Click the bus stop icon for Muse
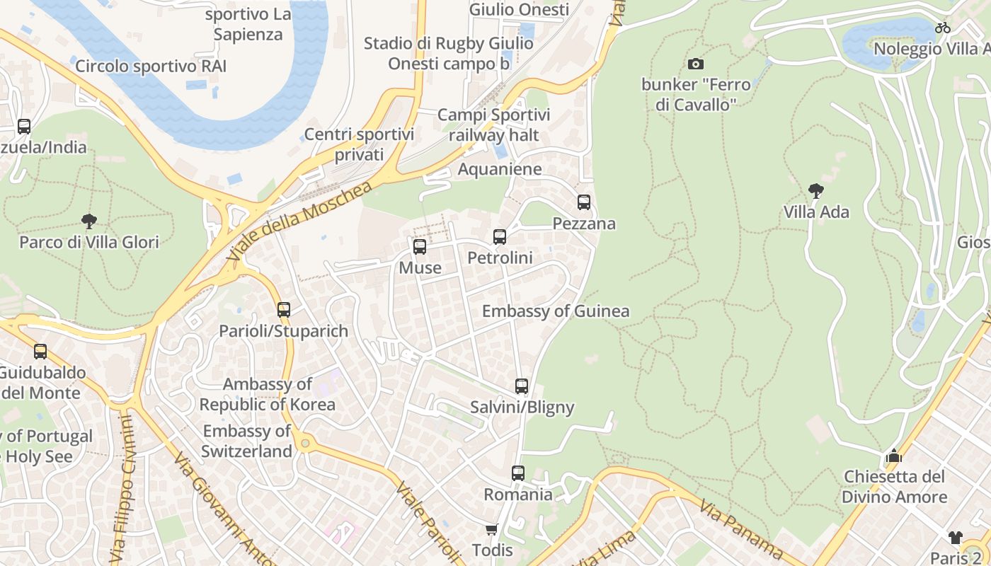(420, 247)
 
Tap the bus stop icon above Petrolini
(500, 237)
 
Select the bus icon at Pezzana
(584, 202)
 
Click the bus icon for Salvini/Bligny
(522, 386)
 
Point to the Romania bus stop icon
(518, 473)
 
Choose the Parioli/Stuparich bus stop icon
(284, 310)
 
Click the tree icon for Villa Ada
(815, 191)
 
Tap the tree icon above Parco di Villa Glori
(89, 221)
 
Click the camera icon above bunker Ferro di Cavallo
(696, 64)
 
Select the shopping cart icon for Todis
(492, 529)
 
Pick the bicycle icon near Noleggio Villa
(942, 28)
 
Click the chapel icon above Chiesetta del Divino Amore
(893, 456)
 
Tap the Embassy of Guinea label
(556, 311)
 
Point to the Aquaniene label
(500, 169)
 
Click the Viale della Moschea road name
(300, 224)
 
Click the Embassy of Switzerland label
(247, 441)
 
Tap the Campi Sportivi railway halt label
(493, 125)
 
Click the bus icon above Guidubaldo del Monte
(40, 352)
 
